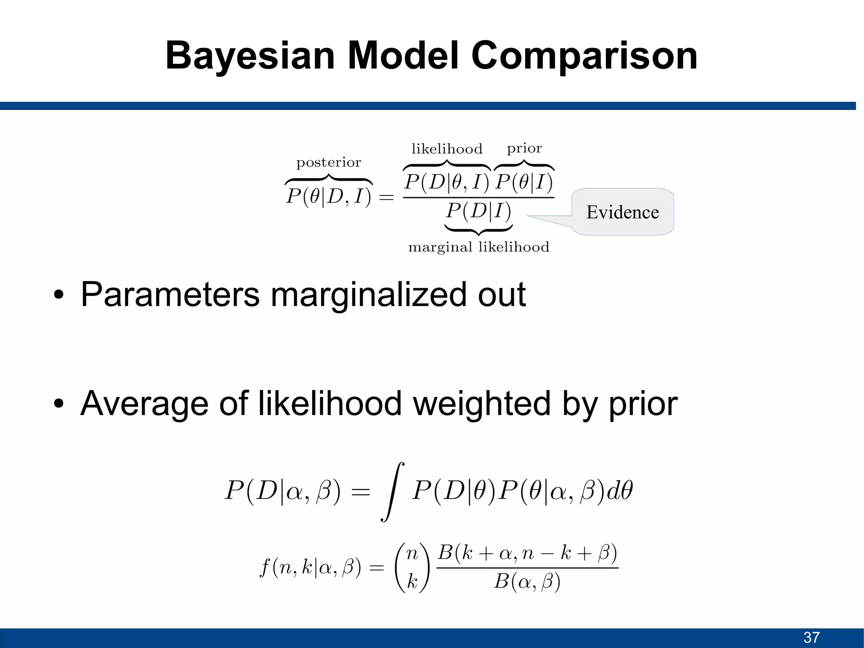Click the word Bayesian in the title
pos(250,56)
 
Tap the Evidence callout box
pos(623,212)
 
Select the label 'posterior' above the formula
pos(329,163)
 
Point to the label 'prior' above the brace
pos(524,149)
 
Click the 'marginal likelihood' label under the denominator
pos(479,247)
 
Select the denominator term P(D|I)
pos(479,211)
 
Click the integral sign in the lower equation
pos(392,492)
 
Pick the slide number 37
pos(811,637)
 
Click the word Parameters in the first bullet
pos(170,294)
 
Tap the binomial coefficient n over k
pos(412,567)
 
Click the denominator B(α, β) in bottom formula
pos(527,582)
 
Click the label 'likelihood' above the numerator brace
pos(447,149)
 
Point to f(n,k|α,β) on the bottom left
pos(310,567)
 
